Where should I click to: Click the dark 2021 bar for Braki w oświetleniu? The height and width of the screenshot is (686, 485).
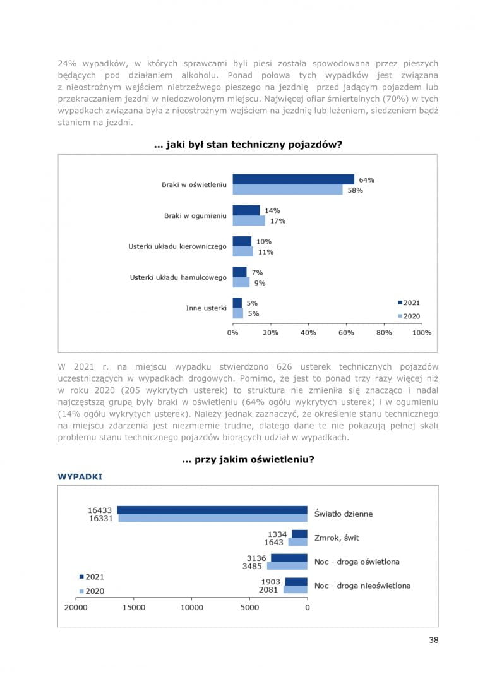293,179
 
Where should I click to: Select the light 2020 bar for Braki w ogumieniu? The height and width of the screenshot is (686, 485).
249,221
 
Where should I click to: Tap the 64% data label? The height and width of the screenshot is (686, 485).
366,179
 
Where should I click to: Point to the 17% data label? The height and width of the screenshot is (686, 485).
277,221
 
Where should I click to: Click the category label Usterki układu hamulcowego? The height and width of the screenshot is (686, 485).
178,277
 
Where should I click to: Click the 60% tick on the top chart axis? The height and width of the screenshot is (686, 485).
346,332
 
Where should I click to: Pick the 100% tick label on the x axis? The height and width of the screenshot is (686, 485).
421,332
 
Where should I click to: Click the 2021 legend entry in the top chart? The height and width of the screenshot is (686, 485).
409,303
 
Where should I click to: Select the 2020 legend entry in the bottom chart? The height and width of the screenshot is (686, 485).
92,591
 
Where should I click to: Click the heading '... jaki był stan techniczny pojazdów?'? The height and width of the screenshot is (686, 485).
248,145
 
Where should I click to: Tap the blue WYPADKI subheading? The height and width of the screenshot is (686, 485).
80,477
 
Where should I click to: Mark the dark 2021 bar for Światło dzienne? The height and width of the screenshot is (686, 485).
212,510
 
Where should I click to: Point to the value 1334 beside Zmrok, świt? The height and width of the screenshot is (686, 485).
277,534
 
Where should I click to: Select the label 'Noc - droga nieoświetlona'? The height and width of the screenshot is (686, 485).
362,586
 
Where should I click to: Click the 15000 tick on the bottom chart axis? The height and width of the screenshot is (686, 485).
134,608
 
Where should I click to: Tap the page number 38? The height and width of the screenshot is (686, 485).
433,640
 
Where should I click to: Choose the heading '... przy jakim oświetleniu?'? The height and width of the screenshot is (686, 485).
248,460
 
